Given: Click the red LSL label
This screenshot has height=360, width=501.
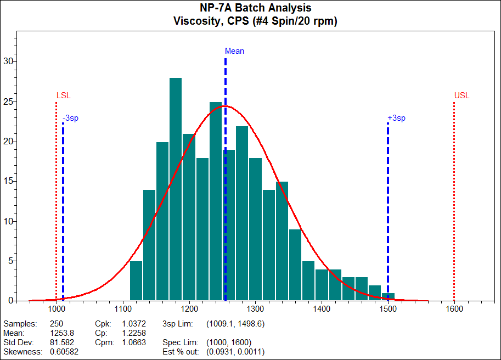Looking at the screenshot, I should click(63, 95).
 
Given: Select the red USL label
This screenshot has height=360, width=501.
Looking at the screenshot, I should click(462, 95).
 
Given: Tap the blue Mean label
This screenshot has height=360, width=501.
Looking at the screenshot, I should click(234, 51).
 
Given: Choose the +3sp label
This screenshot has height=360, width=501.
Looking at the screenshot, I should click(396, 118).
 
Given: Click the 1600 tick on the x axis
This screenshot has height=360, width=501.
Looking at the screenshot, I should click(454, 309).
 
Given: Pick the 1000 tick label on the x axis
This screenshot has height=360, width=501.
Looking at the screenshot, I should click(56, 309).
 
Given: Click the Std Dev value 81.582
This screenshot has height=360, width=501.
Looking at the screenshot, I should click(61, 342).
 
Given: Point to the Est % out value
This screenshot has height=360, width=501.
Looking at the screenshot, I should click(235, 352).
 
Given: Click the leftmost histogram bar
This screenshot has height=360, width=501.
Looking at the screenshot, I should click(136, 280).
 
